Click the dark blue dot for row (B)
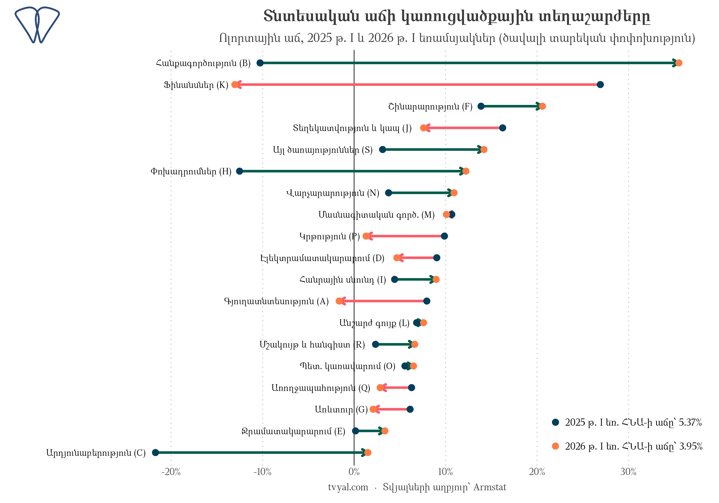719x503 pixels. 260,63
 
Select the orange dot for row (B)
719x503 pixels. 678,63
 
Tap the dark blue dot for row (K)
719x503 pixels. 600,85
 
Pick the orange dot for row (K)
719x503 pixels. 235,85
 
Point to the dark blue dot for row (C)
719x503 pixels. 155,452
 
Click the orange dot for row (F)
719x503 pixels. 542,106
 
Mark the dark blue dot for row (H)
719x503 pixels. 240,171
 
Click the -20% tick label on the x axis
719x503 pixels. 171,472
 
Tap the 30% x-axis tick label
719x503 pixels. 628,472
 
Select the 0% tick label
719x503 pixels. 354,472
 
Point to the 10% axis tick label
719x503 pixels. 445,472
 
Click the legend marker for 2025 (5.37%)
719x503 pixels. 556,422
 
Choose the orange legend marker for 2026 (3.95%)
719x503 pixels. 556,446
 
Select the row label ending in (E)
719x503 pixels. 293,431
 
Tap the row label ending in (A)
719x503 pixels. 277,301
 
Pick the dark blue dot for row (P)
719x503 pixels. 444,236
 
